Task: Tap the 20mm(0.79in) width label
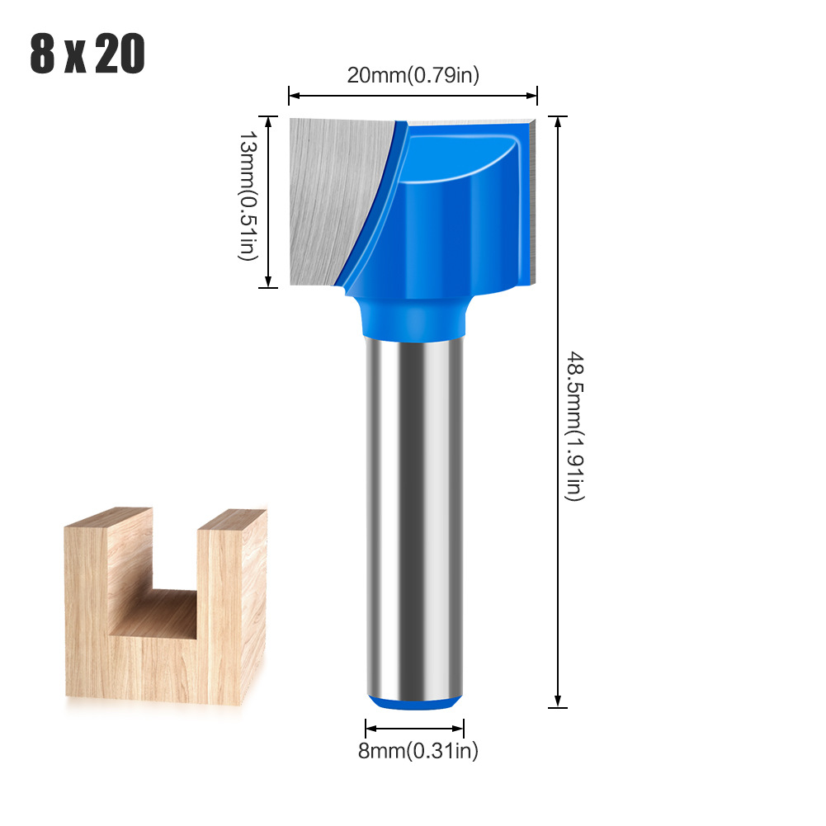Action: point(413,75)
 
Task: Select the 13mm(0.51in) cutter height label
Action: point(247,200)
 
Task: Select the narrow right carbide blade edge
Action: point(529,198)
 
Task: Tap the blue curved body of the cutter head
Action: point(446,215)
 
